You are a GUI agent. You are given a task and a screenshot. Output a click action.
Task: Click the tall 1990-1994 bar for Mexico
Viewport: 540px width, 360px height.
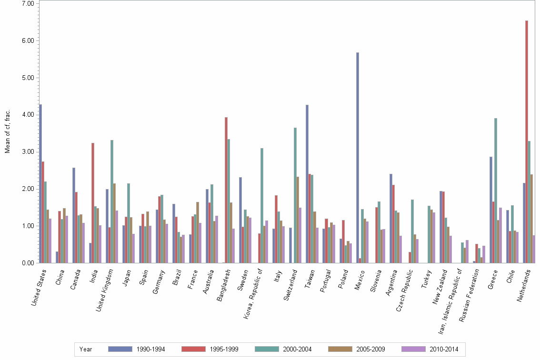358,158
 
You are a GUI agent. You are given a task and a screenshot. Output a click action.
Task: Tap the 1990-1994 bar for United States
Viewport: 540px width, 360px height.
40,183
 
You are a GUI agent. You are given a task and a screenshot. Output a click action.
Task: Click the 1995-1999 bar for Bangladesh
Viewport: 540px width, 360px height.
226,190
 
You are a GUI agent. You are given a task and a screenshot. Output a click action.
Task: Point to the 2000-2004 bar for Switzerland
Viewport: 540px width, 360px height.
295,195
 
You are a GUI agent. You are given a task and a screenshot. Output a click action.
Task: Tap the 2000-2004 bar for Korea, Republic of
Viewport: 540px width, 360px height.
262,205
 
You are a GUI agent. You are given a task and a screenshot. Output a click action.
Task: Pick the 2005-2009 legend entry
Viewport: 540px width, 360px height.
371,349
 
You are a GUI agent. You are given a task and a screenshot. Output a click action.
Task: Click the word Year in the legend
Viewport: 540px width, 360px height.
86,349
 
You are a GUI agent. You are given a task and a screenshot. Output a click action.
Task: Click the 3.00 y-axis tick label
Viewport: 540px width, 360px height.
27,152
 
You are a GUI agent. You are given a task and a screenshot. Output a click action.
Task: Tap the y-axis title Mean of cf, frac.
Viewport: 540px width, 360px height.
7,131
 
